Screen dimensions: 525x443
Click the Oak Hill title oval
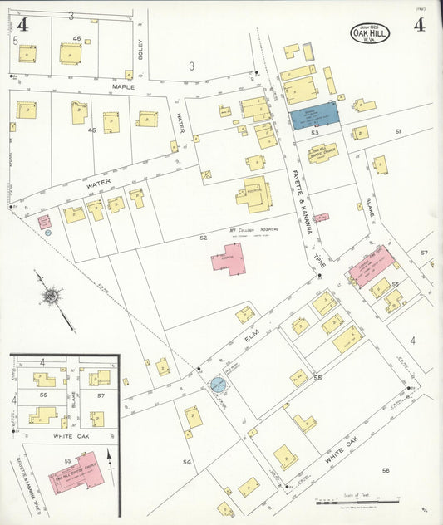tap(370, 34)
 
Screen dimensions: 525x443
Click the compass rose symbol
tap(51, 295)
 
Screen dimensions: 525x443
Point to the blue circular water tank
tap(218, 385)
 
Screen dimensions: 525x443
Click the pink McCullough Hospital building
tap(228, 258)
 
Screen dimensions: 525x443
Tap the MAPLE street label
tap(122, 85)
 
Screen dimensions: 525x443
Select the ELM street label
tap(253, 339)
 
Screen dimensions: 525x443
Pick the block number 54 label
tap(187, 461)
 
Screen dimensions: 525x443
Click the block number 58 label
tap(386, 470)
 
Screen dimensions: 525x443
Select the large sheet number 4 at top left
tap(22, 26)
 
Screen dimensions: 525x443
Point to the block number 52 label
tap(203, 238)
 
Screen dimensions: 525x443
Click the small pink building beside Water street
tap(44, 222)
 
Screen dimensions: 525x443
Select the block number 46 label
tap(76, 39)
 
